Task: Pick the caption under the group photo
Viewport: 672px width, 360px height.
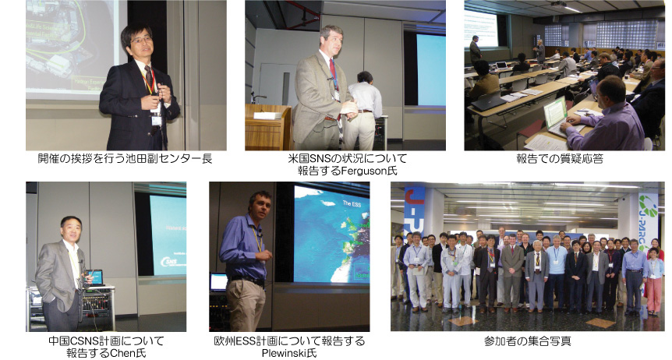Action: [527, 341]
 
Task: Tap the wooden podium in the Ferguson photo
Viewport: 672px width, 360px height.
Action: [268, 127]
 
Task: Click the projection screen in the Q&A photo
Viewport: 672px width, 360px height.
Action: [481, 28]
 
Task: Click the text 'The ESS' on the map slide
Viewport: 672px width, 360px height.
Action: [352, 204]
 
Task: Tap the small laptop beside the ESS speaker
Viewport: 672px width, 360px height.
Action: [218, 282]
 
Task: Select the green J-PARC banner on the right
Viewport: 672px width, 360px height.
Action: [648, 223]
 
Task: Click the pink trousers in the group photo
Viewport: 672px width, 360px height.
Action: [653, 295]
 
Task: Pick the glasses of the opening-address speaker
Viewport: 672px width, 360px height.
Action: [141, 41]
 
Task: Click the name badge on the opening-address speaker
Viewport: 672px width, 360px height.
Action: [157, 121]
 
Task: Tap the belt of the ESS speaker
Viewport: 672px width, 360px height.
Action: [247, 281]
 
